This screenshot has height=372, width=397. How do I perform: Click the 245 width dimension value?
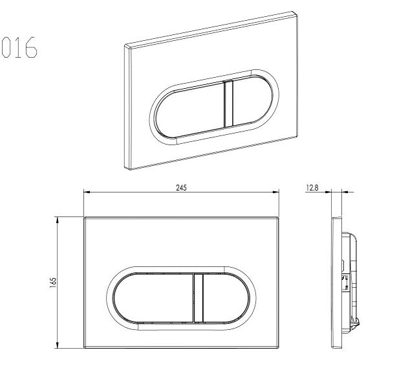[x=181, y=187]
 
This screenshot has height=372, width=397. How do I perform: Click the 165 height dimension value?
[x=53, y=283]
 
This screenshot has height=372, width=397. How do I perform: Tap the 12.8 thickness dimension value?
[x=312, y=188]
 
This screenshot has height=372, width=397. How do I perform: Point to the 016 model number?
[x=19, y=47]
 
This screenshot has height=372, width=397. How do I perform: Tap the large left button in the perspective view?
[x=189, y=109]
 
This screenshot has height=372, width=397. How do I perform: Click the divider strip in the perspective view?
[x=229, y=104]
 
